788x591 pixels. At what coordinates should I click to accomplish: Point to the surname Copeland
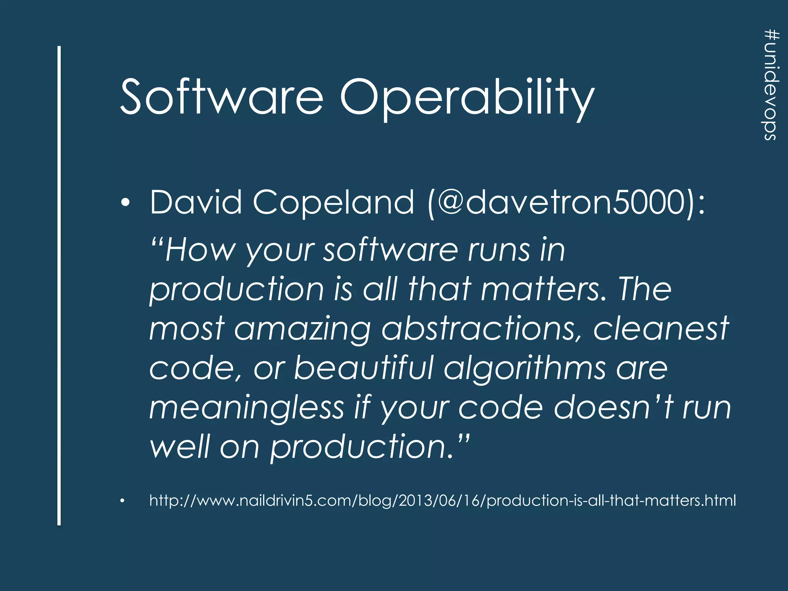[x=333, y=203]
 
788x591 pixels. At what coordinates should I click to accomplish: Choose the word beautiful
[x=364, y=368]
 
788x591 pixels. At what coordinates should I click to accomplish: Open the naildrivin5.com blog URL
[x=442, y=500]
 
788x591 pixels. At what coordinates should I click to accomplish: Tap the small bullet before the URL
[x=122, y=501]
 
